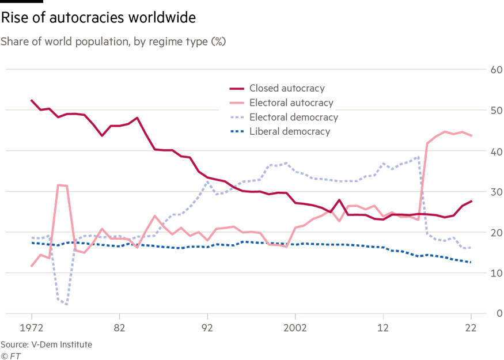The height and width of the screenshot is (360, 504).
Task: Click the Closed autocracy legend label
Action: point(287,89)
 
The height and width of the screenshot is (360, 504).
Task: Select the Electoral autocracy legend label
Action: point(291,103)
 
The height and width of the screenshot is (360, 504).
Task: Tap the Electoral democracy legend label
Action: point(293,118)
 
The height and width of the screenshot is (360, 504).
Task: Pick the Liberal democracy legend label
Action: point(289,132)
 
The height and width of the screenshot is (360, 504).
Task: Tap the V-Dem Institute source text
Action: point(46,344)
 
